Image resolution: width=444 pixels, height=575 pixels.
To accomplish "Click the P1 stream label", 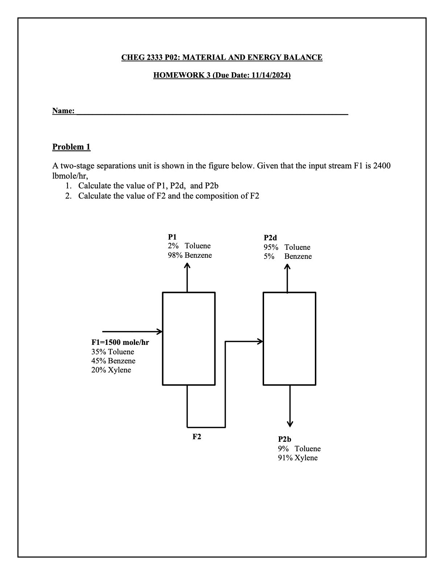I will [x=172, y=236].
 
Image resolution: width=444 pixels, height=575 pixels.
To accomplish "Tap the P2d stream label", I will [x=270, y=238].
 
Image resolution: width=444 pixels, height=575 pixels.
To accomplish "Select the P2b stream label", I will [x=285, y=439].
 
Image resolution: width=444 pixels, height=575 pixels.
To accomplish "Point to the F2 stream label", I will [x=197, y=437].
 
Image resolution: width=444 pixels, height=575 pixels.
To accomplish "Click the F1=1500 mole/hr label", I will [x=120, y=342].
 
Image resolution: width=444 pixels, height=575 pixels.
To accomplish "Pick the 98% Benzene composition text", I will [x=190, y=255].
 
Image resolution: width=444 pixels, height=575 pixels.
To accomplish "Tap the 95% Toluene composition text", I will [x=287, y=247].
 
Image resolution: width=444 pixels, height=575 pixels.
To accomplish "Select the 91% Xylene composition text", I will [x=298, y=458].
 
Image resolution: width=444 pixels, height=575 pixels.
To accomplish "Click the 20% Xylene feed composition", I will [x=111, y=370].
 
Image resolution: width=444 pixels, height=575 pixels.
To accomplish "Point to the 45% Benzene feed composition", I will [x=113, y=361].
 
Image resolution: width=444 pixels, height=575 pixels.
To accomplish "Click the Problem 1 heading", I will [x=71, y=147].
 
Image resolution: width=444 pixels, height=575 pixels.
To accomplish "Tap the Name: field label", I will [x=63, y=111].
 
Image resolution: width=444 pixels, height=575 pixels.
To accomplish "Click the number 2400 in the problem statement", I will [x=382, y=166].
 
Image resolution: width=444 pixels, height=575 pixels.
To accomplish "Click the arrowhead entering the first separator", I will [x=160, y=331].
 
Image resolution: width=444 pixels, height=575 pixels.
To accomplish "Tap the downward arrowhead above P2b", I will [x=290, y=424].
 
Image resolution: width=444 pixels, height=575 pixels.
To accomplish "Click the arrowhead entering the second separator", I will [x=260, y=341].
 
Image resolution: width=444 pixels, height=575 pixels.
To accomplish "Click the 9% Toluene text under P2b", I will [x=299, y=449].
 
